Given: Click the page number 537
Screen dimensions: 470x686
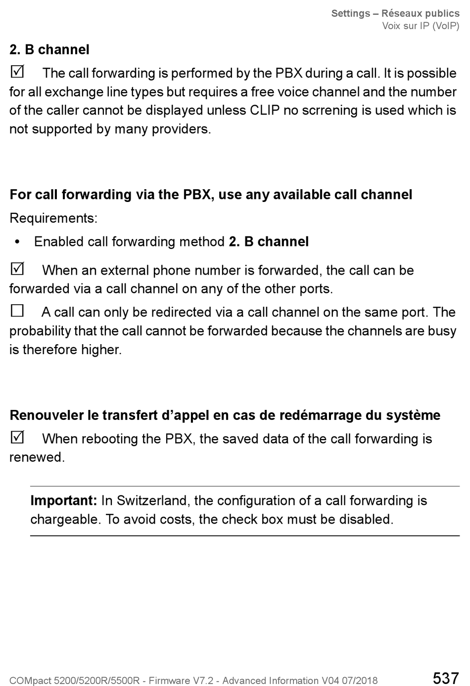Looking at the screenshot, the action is click(445, 678).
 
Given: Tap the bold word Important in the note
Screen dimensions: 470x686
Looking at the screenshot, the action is click(63, 500).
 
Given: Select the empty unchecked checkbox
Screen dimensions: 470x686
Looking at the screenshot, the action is click(17, 311).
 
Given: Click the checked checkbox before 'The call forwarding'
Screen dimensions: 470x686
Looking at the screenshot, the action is click(17, 72).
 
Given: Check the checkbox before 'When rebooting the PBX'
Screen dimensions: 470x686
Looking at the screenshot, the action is click(17, 437).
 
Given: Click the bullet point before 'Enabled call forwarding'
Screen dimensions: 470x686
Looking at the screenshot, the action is click(18, 242).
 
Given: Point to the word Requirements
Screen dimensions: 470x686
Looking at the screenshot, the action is click(53, 218).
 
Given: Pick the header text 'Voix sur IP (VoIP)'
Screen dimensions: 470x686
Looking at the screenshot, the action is click(421, 26).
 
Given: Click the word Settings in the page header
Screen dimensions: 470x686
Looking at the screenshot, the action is click(351, 13).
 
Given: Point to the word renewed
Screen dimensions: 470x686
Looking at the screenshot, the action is click(37, 457).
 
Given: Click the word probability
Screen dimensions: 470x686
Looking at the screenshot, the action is click(40, 331).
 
